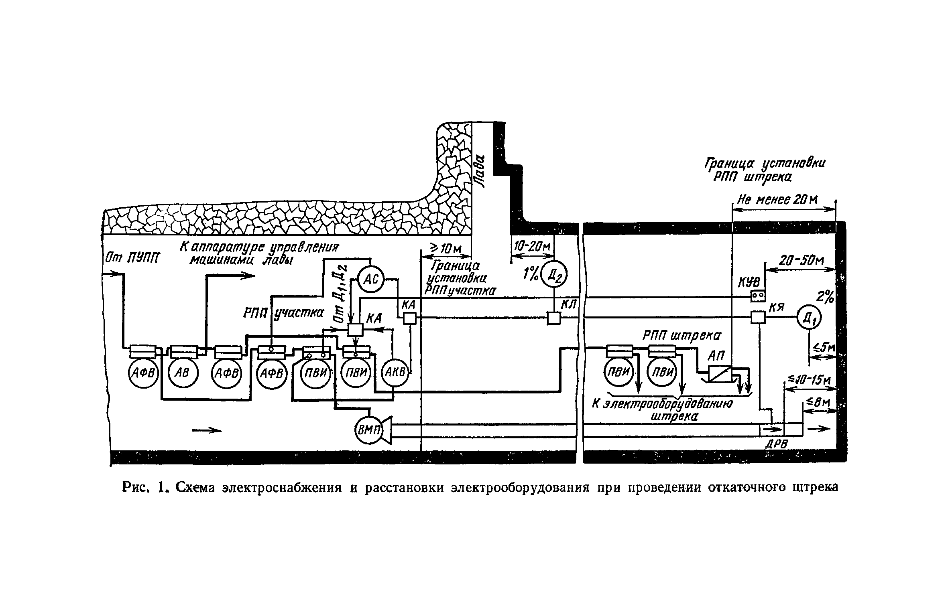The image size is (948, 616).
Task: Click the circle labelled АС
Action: point(370,280)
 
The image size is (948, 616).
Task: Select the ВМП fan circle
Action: point(369,431)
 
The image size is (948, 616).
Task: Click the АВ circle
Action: point(183,373)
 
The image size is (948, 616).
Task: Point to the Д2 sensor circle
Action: point(554,274)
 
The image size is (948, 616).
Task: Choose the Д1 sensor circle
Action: point(809,318)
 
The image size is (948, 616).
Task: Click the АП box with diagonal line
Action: point(720,374)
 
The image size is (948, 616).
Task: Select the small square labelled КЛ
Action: point(554,318)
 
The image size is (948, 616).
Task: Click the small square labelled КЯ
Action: point(758,318)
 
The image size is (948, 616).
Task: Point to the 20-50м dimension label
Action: point(800,261)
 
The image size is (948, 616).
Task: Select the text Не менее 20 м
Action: point(778,201)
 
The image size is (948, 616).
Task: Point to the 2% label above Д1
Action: point(825,297)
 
